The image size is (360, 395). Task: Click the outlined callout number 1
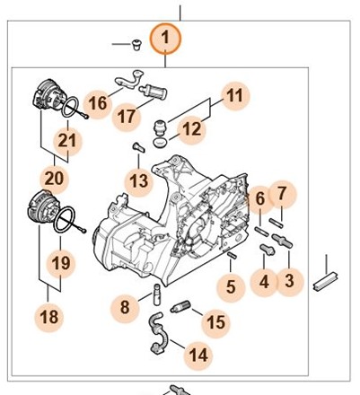165,39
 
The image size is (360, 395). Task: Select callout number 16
98,104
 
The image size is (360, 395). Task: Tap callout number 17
127,117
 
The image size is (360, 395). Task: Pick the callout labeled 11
235,96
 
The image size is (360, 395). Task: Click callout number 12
191,129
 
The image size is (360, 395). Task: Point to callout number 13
139,181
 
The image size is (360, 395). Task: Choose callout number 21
67,141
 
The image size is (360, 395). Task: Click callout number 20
54,179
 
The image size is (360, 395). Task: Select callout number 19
61,264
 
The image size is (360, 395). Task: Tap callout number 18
49,317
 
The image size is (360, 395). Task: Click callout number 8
125,308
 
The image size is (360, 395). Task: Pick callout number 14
198,355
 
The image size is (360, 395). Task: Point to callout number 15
215,323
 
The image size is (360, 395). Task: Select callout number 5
231,287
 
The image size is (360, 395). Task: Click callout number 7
282,194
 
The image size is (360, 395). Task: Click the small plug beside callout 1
136,45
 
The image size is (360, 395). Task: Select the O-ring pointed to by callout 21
70,108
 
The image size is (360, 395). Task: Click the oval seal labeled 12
159,142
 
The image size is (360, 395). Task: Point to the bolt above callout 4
268,250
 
